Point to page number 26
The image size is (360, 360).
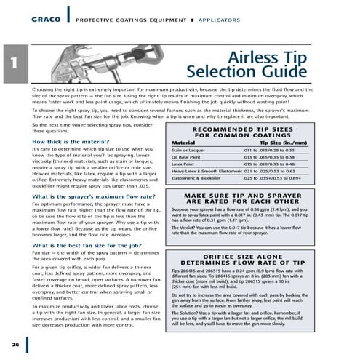(x=15, y=343)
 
